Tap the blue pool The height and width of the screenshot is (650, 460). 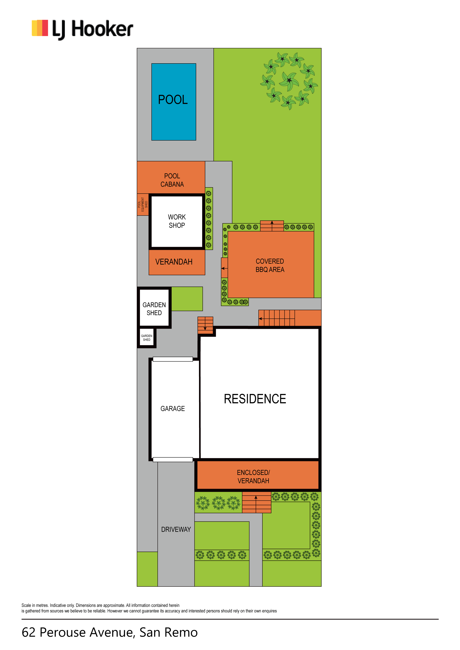click(174, 102)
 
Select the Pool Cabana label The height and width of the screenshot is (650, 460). click(172, 180)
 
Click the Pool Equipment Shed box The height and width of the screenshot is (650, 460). click(143, 204)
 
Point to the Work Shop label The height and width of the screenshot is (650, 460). click(177, 221)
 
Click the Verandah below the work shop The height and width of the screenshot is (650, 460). click(177, 262)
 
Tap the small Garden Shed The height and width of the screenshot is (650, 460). click(147, 338)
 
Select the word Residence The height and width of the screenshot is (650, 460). click(255, 399)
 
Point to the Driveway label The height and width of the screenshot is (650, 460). click(176, 529)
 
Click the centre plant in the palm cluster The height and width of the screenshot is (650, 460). click(289, 81)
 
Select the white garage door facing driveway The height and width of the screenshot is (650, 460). click(173, 460)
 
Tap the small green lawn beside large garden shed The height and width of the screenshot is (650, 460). click(187, 299)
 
